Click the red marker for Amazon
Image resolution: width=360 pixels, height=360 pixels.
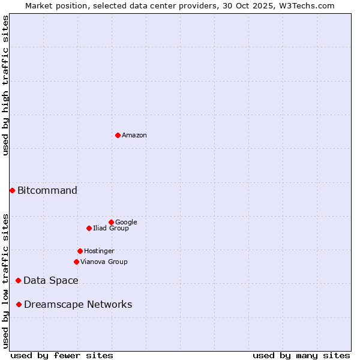click(x=118, y=135)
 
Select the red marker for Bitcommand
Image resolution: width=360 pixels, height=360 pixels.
click(x=12, y=190)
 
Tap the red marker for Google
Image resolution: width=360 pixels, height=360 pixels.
click(x=111, y=222)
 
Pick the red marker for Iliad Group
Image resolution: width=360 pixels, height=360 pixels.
click(x=89, y=228)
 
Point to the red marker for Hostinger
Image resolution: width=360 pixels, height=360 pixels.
click(x=80, y=251)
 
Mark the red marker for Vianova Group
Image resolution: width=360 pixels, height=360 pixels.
click(x=76, y=262)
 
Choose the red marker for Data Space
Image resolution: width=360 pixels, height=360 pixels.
click(x=18, y=280)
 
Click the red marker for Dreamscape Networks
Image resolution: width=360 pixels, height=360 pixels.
click(x=19, y=304)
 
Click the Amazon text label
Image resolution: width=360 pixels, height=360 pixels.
click(x=134, y=136)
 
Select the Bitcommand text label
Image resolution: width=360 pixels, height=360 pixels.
click(x=47, y=191)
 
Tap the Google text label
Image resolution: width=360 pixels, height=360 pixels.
click(x=126, y=223)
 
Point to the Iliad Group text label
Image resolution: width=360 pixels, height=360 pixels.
click(x=111, y=229)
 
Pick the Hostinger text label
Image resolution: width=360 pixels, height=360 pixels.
click(x=99, y=251)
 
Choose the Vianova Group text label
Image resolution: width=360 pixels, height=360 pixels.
click(x=104, y=262)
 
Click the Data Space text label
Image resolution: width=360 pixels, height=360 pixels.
click(x=51, y=281)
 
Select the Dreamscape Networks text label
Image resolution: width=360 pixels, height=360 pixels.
click(x=78, y=305)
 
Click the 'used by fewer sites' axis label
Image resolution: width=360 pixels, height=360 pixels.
click(x=62, y=355)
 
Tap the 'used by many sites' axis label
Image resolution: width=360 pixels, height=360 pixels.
click(x=301, y=355)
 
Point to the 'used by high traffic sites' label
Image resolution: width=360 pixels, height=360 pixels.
click(x=5, y=85)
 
